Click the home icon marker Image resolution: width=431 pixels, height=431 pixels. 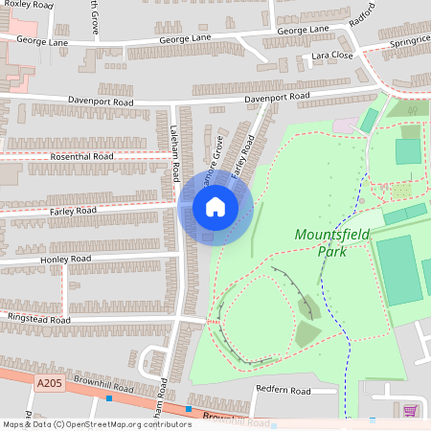[x=215, y=207]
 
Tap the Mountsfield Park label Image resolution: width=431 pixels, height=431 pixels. [x=332, y=242]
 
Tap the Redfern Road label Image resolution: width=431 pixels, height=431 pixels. [x=284, y=391]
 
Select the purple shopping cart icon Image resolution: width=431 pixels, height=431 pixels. [x=411, y=411]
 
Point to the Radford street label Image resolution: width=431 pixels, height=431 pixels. [x=362, y=21]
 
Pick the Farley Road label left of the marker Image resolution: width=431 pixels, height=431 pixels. [x=72, y=210]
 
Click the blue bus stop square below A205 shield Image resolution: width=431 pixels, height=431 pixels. [x=108, y=398]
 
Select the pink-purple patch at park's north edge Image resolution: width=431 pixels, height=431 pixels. [x=343, y=125]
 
